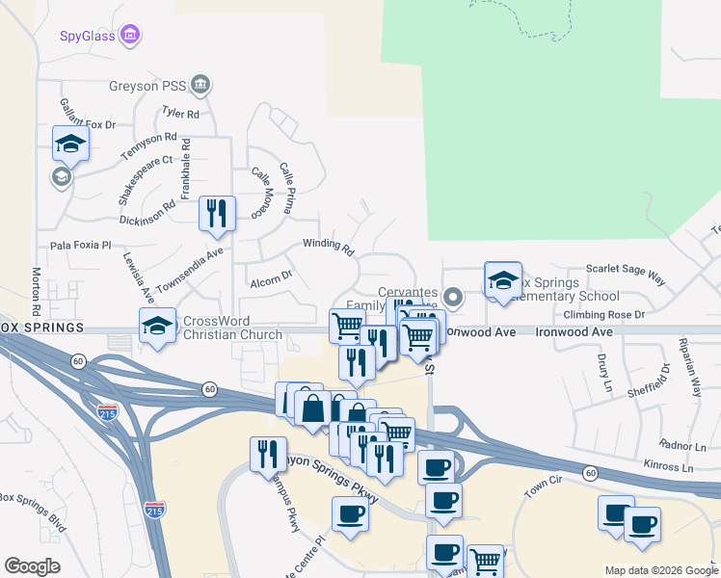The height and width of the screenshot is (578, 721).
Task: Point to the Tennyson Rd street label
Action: [148, 145]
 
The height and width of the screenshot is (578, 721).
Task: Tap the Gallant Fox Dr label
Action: [87, 117]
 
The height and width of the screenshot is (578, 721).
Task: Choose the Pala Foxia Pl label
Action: [81, 246]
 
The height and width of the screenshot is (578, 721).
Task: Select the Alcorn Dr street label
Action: [271, 280]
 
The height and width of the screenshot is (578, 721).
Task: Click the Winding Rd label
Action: [329, 248]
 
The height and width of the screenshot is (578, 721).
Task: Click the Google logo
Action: [32, 565]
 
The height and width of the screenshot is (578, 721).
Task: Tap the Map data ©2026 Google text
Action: [659, 570]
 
